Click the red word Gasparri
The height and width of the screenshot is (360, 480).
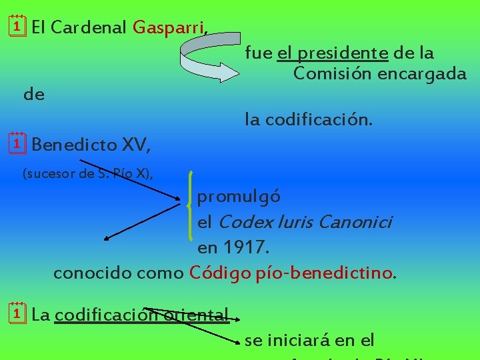coord(170,27)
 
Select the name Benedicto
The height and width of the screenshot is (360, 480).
coord(74,144)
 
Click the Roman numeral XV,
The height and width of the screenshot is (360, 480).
coord(137,144)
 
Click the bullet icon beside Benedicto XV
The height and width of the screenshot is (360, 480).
coord(18,142)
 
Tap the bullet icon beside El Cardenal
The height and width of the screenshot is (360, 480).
coord(18,26)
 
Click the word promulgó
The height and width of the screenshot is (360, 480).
coord(239,197)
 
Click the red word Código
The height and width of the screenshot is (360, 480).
coord(219,273)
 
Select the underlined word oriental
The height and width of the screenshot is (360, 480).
coord(201,314)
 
